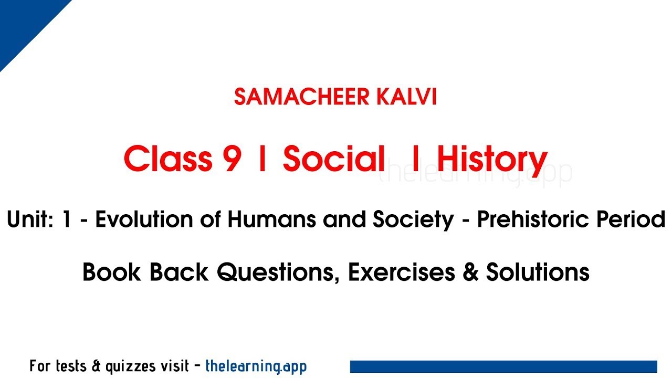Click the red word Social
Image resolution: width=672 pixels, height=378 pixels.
click(334, 159)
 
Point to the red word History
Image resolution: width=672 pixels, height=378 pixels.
click(492, 159)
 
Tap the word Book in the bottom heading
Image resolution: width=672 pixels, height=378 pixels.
click(112, 272)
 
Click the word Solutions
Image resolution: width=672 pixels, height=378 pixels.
click(538, 272)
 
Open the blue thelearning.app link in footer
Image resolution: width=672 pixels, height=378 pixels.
click(256, 366)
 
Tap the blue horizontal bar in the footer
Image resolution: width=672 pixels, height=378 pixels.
click(503, 366)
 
